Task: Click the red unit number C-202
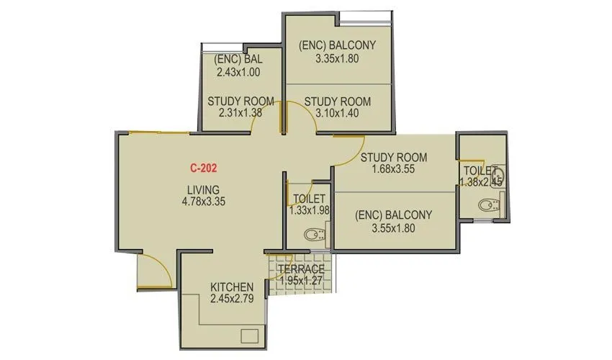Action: [x=204, y=168]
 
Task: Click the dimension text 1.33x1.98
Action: [x=310, y=210]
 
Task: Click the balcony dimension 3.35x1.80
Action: [x=338, y=59]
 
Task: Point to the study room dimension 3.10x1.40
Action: [x=337, y=114]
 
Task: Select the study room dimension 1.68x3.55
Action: [x=394, y=169]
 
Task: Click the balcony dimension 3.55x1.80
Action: [x=393, y=228]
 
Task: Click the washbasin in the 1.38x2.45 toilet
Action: [x=500, y=175]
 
